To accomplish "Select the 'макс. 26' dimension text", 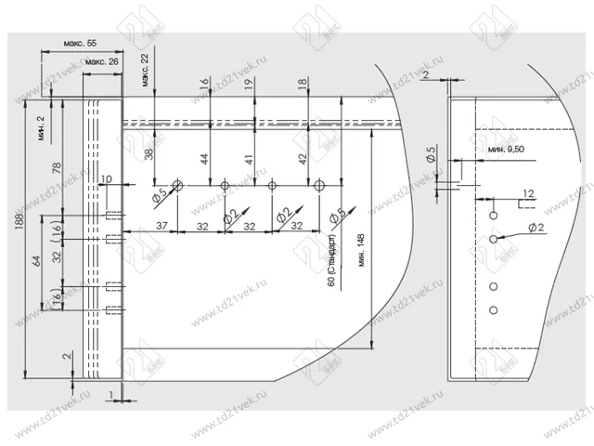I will (101, 62).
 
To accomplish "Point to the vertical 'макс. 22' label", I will (146, 70).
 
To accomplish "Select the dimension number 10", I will (106, 178).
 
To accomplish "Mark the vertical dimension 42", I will (303, 159).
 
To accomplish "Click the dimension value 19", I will (249, 84).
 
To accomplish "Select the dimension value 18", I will (303, 84).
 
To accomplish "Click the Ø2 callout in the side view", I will (536, 228).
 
